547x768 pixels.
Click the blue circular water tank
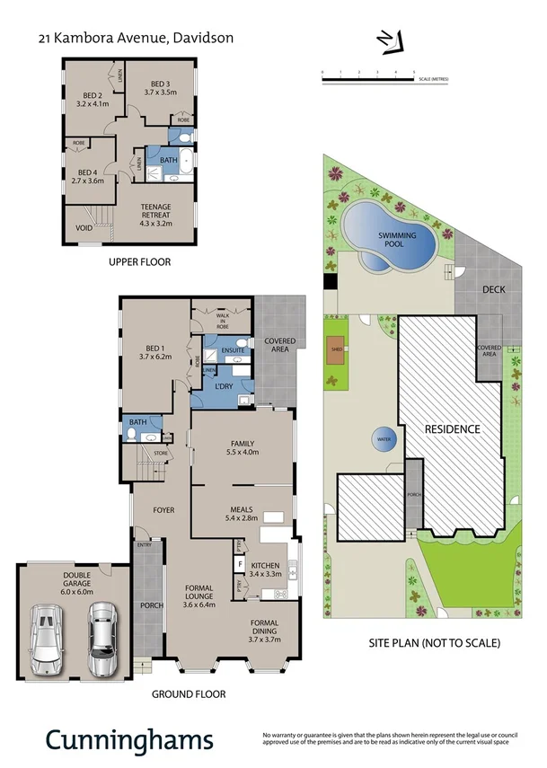[x=384, y=440]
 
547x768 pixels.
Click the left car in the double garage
[x=46, y=640]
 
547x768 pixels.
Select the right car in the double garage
[x=102, y=639]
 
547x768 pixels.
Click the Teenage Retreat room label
[x=154, y=211]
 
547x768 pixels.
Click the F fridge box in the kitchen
[x=240, y=566]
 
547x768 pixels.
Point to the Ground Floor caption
[x=188, y=693]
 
